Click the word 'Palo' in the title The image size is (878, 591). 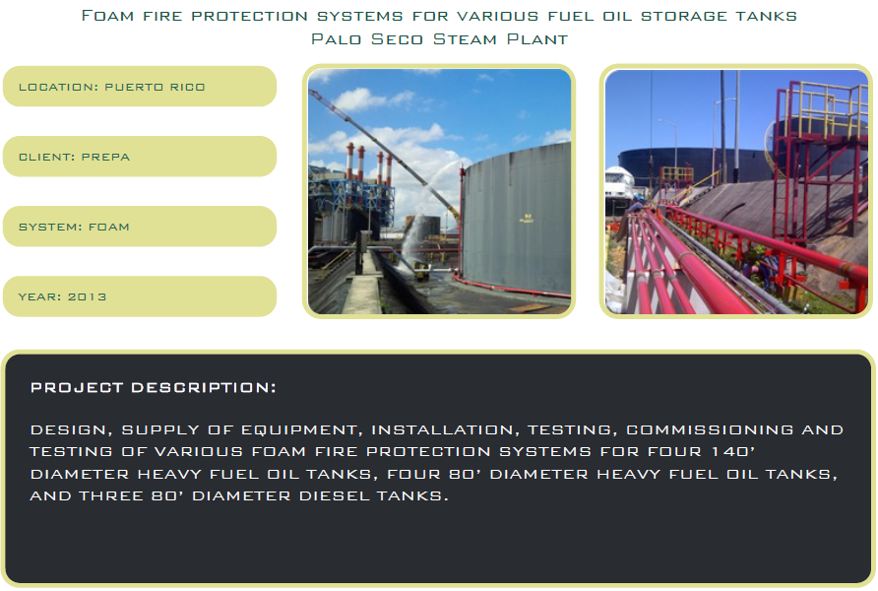[336, 39]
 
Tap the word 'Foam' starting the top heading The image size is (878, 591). [107, 16]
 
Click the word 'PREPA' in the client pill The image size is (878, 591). [105, 157]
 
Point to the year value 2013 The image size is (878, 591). [87, 296]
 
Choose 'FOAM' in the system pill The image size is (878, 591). [108, 227]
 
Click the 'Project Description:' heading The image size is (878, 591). [153, 388]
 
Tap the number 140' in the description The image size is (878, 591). [733, 451]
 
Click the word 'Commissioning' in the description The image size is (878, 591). [710, 429]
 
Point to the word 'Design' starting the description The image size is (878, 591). [68, 429]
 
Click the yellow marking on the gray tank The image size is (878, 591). [527, 218]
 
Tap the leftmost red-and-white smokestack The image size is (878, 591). [350, 162]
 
